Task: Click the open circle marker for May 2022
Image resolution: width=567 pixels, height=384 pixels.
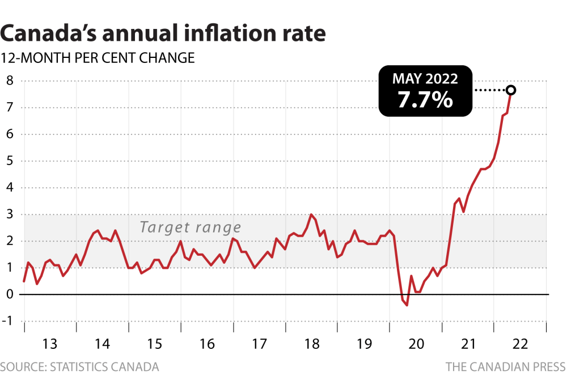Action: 510,90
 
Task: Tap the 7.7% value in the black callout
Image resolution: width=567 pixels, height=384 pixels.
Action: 425,100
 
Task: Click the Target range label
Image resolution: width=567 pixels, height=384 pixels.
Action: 191,228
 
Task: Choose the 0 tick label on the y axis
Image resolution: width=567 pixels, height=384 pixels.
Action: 9,294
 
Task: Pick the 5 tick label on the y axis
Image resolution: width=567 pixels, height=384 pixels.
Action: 9,161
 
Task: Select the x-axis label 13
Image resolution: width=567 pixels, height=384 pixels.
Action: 50,344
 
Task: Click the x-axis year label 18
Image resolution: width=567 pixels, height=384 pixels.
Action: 311,344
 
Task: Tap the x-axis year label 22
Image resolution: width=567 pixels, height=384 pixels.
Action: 519,344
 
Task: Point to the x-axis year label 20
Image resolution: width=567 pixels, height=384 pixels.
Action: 415,344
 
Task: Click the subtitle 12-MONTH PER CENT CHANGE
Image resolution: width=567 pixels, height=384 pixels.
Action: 98,58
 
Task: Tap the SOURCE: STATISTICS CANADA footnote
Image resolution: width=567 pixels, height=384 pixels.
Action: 79,367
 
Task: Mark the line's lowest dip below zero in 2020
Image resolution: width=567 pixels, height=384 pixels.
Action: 407,305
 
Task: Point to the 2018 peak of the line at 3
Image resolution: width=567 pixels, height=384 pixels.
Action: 311,215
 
